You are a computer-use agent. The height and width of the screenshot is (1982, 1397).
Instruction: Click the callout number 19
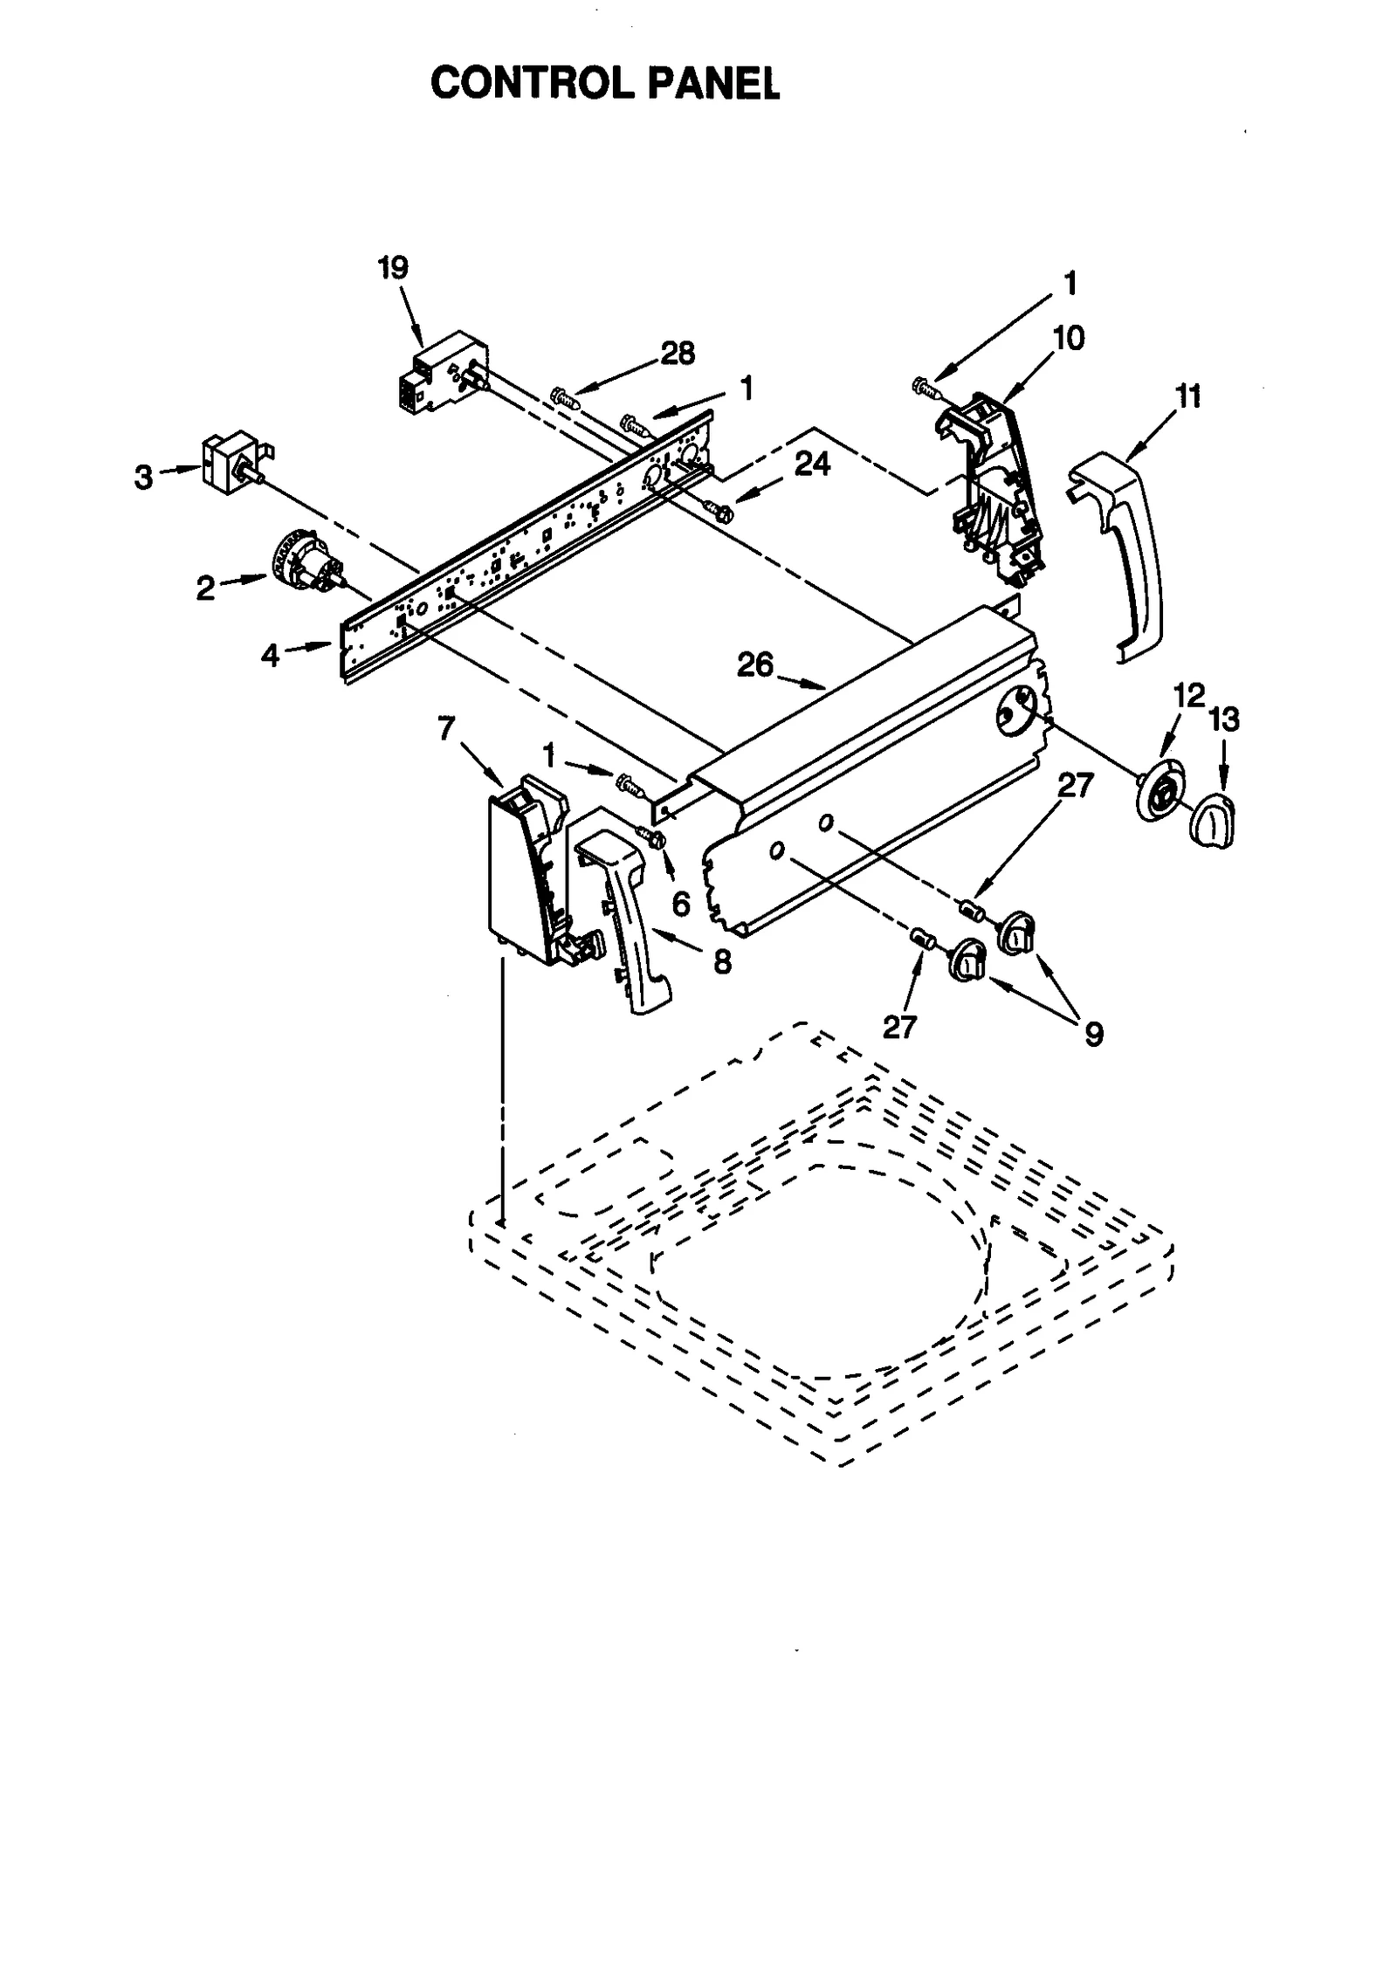coord(393,268)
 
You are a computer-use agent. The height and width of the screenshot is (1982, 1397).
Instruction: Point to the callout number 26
coord(754,664)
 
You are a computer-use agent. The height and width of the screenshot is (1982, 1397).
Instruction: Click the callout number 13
coord(1223,720)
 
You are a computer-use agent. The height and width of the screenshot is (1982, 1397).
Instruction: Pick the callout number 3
coord(143,478)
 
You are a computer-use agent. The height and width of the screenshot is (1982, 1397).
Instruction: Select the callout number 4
coord(270,655)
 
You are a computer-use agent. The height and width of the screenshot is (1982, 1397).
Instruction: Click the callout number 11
coord(1188,396)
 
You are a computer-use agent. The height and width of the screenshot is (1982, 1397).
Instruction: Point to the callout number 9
coord(1093,1034)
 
